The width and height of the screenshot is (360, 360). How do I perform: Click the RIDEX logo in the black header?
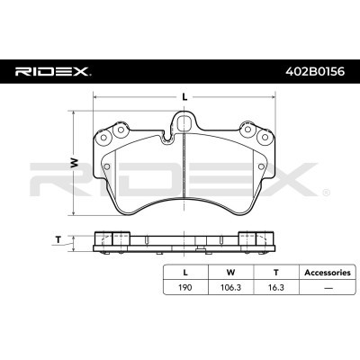tap(51, 72)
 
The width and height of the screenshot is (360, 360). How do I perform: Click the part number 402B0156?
tap(314, 72)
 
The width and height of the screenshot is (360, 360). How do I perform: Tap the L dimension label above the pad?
tap(185, 97)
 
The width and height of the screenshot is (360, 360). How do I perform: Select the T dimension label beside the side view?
tap(58, 239)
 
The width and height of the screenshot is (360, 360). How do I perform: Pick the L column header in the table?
tap(185, 273)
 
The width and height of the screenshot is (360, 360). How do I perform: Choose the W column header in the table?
tap(230, 273)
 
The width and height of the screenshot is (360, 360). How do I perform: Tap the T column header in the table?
tap(276, 273)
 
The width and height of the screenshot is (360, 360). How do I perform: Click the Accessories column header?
tap(328, 273)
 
